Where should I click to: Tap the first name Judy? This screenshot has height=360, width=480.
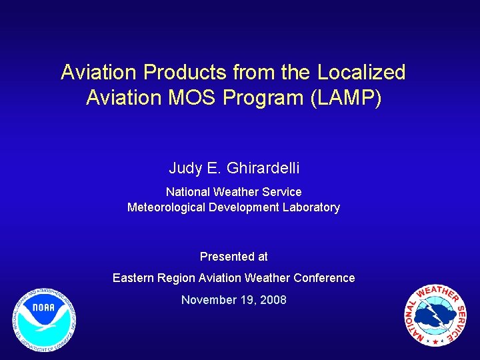(x=184, y=169)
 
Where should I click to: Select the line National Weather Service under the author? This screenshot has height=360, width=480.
(x=233, y=192)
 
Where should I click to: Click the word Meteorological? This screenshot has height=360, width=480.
(x=166, y=207)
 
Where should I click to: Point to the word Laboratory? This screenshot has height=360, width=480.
(x=309, y=207)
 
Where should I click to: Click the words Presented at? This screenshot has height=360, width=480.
(x=233, y=257)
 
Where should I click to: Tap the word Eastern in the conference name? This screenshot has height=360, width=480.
(x=133, y=278)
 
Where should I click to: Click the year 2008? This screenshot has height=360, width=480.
(x=274, y=300)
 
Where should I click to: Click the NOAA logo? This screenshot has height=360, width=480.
(x=43, y=321)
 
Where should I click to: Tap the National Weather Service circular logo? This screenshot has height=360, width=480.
(x=435, y=315)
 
